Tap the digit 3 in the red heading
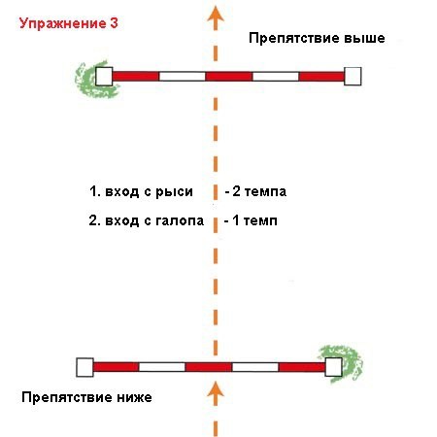[114, 23]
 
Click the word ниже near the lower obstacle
[134, 397]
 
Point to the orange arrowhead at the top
[216, 15]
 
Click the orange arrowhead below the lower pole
[216, 389]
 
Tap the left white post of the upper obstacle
[104, 77]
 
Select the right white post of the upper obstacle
[353, 77]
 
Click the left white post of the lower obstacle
[84, 367]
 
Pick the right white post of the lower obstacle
[333, 367]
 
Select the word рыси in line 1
[174, 192]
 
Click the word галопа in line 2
[180, 221]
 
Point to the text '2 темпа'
[259, 191]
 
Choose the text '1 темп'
[254, 220]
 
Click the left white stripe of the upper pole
[183, 77]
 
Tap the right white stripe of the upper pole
[276, 77]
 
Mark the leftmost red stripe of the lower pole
[117, 367]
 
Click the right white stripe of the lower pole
[255, 367]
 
